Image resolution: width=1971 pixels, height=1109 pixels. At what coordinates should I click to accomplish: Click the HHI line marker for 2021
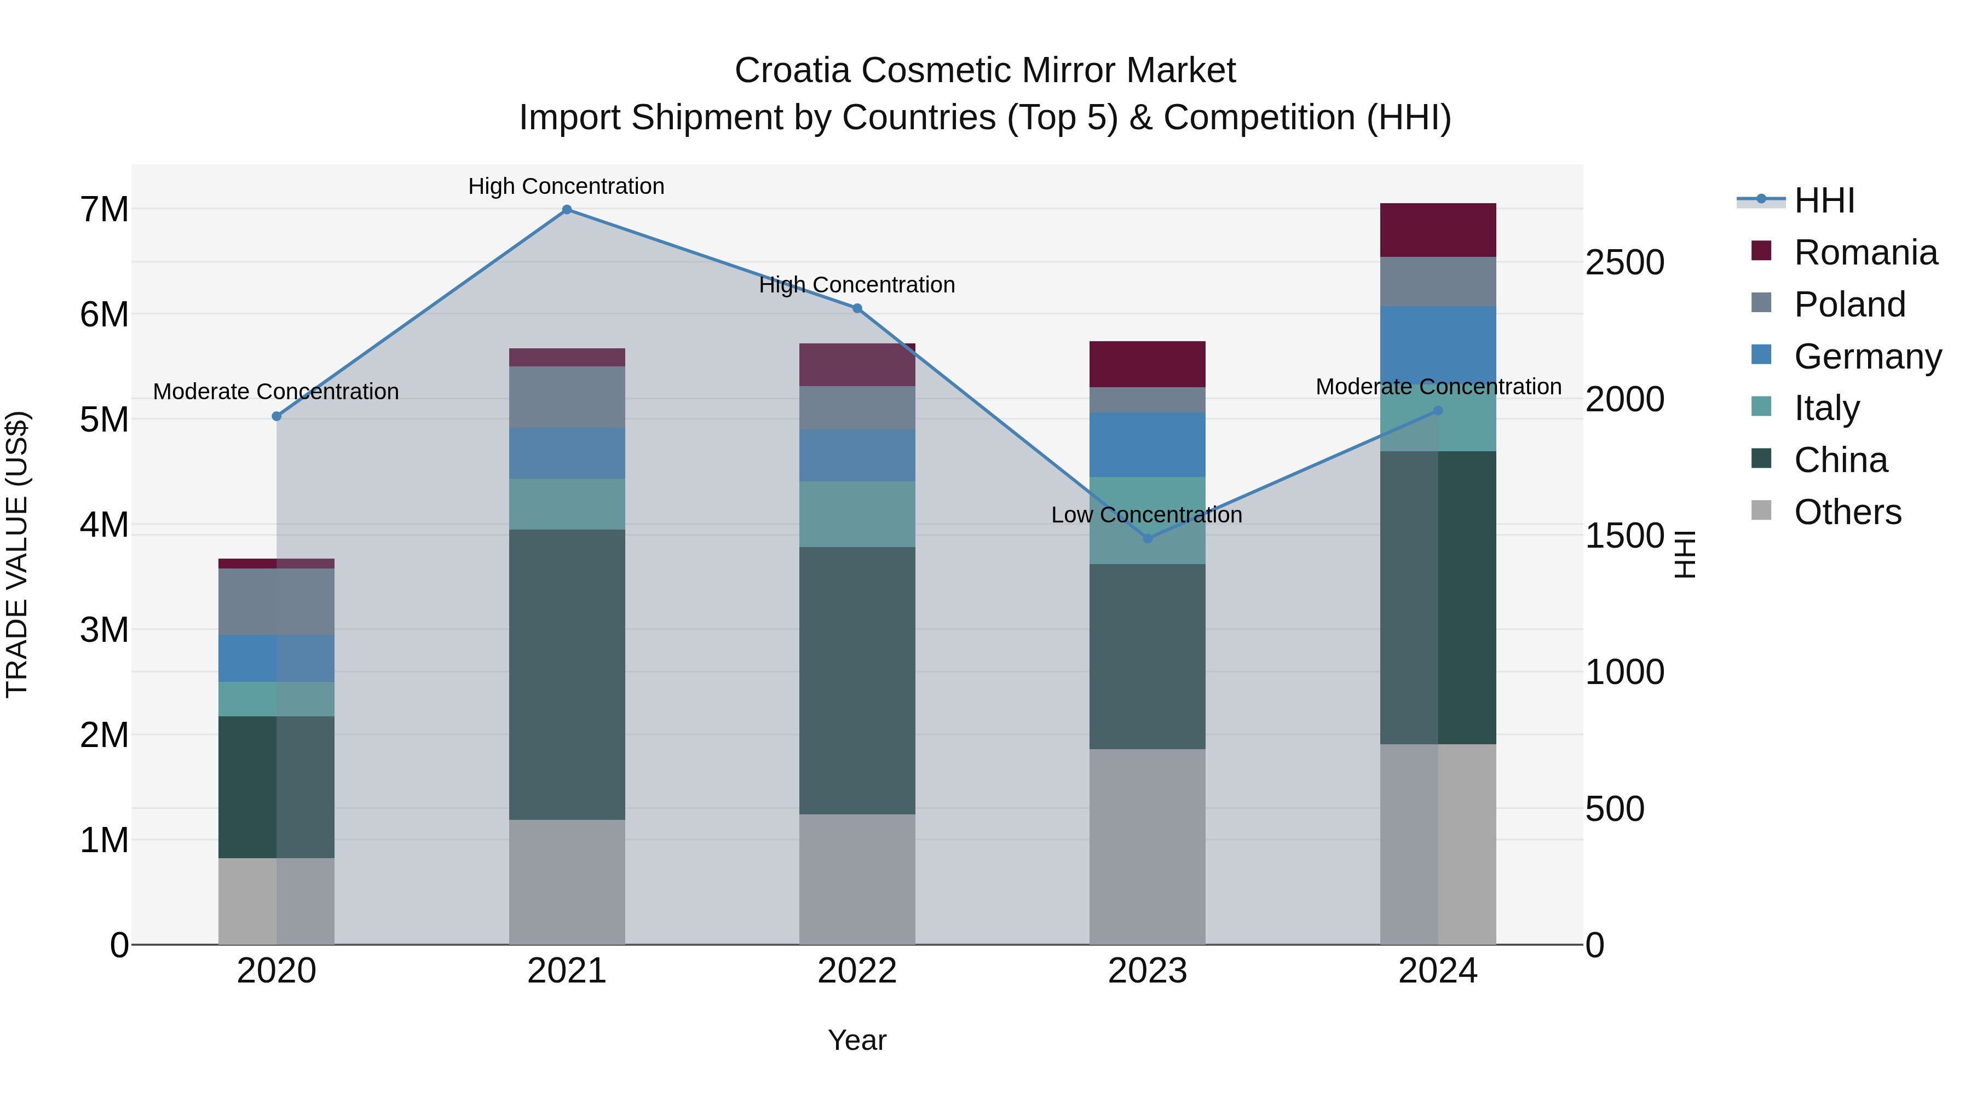(x=567, y=210)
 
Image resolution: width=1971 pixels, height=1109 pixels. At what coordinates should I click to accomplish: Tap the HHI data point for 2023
(x=1147, y=539)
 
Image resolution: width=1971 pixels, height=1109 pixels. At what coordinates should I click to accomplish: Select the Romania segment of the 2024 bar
(x=1438, y=231)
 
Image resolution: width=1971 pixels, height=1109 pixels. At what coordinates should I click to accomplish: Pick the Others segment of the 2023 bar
(x=1147, y=847)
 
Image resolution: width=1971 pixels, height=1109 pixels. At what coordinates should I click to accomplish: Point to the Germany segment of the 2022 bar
(x=857, y=456)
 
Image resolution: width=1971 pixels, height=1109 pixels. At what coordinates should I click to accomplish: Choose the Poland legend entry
(x=1848, y=304)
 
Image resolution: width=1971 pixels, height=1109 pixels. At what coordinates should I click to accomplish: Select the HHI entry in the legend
(x=1823, y=200)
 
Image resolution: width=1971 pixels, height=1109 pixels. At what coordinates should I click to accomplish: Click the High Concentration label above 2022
(x=857, y=285)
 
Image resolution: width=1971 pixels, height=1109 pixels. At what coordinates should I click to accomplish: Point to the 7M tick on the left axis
(x=105, y=210)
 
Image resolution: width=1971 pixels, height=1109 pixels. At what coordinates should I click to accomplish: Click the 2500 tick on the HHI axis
(x=1624, y=262)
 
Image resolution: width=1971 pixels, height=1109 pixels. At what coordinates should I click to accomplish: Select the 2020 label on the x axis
(x=276, y=971)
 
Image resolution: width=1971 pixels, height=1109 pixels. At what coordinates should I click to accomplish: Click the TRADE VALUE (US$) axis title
(x=17, y=554)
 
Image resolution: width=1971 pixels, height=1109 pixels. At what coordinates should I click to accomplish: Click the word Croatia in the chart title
(x=792, y=71)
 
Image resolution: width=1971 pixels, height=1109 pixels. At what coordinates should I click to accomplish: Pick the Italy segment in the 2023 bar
(x=1147, y=520)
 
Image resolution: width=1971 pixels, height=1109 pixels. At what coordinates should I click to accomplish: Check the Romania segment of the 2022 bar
(x=857, y=365)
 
